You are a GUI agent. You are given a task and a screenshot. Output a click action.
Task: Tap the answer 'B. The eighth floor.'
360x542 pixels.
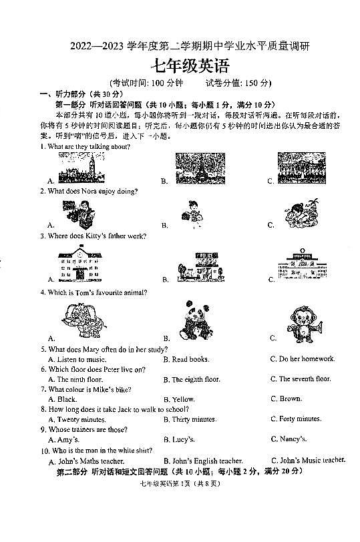click(x=192, y=379)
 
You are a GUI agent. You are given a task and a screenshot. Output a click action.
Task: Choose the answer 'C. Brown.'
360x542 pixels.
click(x=286, y=399)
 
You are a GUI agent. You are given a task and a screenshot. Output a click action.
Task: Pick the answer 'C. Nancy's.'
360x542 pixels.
click(x=289, y=439)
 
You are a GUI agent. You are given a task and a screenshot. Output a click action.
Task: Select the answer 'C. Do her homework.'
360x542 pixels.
click(x=302, y=359)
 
